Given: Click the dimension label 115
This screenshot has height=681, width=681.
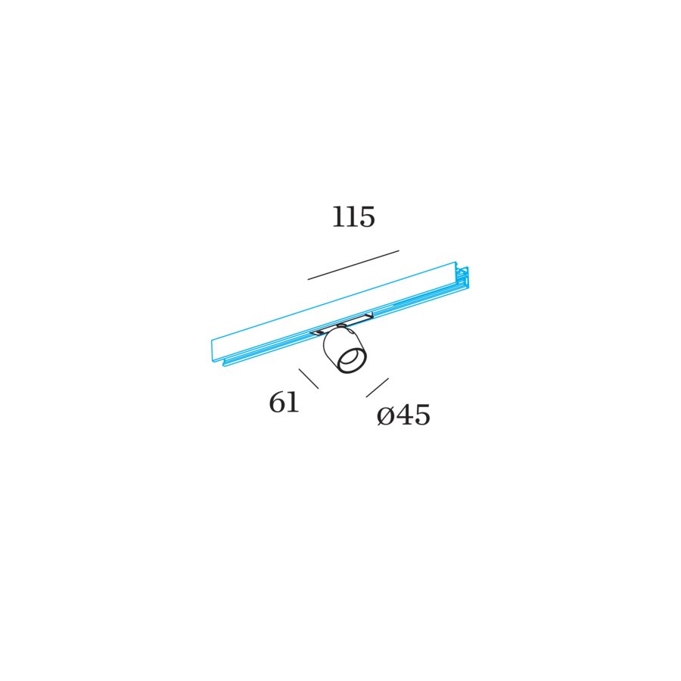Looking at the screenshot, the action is click(x=353, y=216).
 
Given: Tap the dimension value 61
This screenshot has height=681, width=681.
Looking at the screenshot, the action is click(x=284, y=403).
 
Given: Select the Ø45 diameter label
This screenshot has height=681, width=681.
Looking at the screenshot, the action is click(x=403, y=415).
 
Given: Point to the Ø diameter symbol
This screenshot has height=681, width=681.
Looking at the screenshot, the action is click(x=385, y=416).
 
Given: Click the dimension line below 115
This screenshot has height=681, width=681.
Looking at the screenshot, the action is click(x=353, y=265).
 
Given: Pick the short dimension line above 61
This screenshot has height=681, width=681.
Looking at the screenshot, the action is click(x=309, y=379).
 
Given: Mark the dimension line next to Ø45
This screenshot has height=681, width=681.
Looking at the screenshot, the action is click(x=378, y=387).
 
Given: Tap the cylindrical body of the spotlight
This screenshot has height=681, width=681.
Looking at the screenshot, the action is click(x=343, y=350).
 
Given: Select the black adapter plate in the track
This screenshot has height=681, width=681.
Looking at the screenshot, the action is click(x=341, y=324).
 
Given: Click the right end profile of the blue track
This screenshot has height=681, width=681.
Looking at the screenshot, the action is click(x=462, y=277).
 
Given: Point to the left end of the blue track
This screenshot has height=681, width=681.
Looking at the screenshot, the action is click(x=212, y=350).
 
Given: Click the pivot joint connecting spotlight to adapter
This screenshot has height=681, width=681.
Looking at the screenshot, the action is click(x=342, y=325).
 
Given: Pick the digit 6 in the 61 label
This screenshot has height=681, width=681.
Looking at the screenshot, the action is click(x=277, y=403).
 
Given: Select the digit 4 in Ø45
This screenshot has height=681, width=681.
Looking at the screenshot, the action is click(x=404, y=415).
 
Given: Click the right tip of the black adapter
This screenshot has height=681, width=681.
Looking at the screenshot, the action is click(x=372, y=315).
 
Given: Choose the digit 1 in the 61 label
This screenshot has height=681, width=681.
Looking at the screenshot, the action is click(x=294, y=403).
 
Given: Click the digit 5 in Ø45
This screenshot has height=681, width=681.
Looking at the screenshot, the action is click(x=422, y=415).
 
